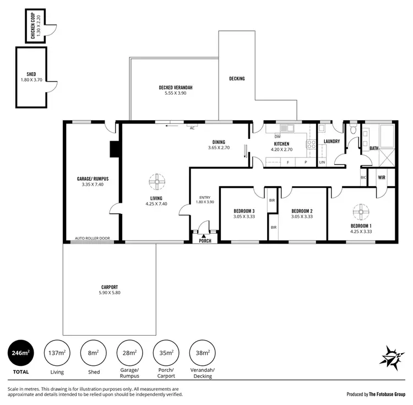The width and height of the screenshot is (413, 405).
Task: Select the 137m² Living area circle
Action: tap(57, 353)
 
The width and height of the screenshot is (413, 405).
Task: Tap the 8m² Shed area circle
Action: tap(94, 353)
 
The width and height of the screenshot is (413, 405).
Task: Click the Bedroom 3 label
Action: tap(243, 211)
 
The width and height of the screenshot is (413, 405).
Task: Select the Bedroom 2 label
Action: tap(302, 211)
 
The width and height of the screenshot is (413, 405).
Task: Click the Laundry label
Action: tap(332, 142)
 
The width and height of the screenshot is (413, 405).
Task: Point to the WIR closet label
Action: tap(381, 178)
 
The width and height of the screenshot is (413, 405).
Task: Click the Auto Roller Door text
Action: tap(93, 239)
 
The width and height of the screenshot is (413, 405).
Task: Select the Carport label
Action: tap(110, 287)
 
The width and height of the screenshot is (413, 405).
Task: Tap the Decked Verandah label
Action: tap(176, 88)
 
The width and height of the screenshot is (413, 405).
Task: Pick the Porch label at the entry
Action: tap(205, 241)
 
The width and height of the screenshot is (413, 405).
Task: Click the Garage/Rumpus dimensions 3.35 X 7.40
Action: tap(92, 185)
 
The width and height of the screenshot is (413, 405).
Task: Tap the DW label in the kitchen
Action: tap(278, 136)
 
